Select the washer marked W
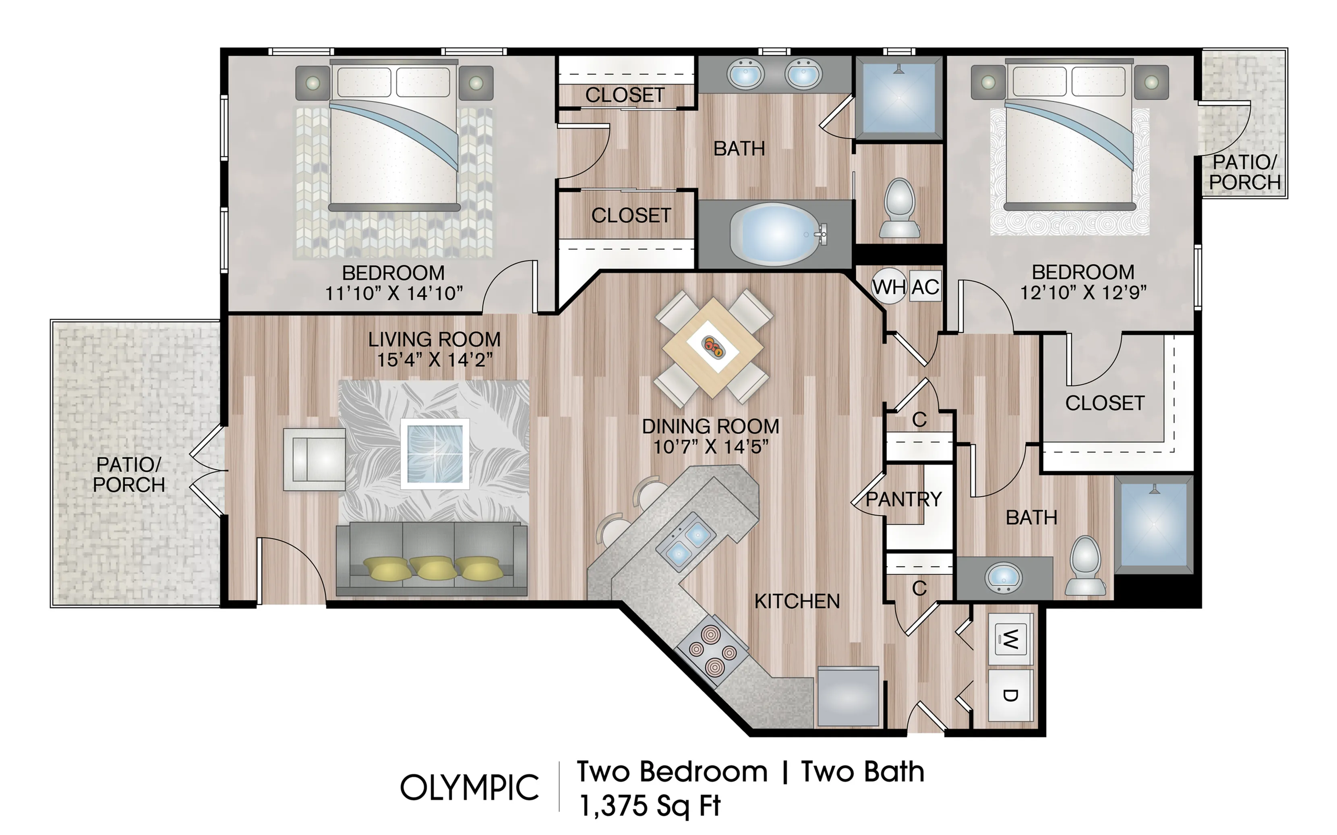coord(1010,639)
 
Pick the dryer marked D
coord(1010,695)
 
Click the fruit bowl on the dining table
coord(713,347)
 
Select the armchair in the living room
coord(315,460)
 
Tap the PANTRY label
coord(903,499)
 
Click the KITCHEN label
coord(797,601)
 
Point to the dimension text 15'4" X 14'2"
coord(435,360)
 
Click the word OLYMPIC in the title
coord(469,787)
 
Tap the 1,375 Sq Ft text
coord(650,805)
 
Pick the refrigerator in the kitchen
coord(848,696)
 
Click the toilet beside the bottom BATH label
coord(1085,566)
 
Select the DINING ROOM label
coord(710,426)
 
